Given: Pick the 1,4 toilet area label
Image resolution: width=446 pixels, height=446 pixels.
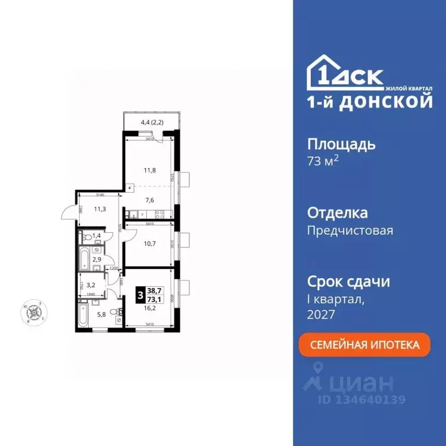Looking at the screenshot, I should [x=96, y=236].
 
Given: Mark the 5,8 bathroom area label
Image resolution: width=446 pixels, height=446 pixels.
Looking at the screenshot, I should [x=101, y=315].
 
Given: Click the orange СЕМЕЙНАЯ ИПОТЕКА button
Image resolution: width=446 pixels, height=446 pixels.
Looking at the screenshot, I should [x=365, y=345].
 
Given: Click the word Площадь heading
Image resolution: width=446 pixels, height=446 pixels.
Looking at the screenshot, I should [x=341, y=144].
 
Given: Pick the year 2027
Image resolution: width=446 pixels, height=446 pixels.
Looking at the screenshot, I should [x=321, y=315].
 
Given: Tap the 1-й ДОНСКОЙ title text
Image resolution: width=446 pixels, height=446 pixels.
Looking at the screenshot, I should [x=369, y=102].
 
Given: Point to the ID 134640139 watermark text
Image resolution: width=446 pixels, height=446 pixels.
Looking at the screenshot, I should [x=361, y=400].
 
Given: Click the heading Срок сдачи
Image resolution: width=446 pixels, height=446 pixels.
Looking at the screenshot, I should [x=348, y=282].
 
